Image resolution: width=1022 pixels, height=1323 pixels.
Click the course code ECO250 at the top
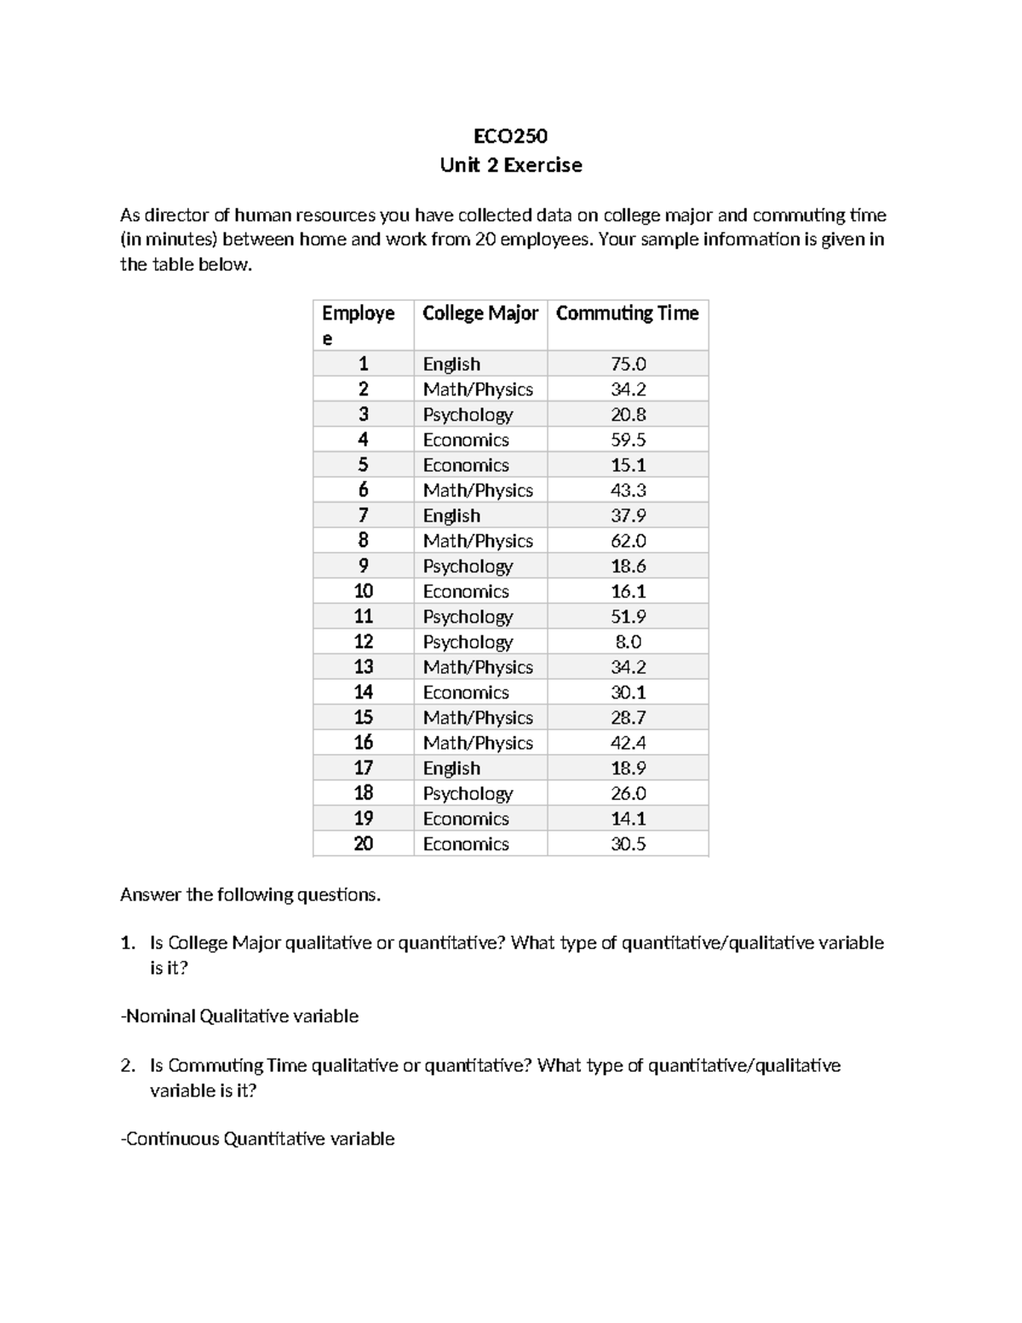pos(510,136)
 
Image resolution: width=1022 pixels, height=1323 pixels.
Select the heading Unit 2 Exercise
pos(510,165)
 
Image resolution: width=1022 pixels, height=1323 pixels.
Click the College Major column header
pos(479,313)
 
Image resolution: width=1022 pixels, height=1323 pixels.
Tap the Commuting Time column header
pos(627,313)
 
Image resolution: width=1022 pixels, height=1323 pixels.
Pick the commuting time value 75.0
pos(628,364)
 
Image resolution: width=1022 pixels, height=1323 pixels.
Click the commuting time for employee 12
pos(628,641)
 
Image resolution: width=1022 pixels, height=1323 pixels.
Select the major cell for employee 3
pos(468,415)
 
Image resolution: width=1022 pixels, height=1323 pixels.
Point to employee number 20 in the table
pos(363,843)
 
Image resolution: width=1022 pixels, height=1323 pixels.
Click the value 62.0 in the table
pos(628,541)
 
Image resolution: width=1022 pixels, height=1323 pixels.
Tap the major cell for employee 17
pos(451,768)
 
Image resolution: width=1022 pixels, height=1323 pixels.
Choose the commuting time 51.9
pos(628,617)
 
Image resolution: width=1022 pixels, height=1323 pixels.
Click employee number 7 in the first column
pos(363,515)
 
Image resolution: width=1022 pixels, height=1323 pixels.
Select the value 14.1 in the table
pos(628,819)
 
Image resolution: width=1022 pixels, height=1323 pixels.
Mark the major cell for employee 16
pos(478,743)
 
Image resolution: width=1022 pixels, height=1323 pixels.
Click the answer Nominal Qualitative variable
pos(239,1016)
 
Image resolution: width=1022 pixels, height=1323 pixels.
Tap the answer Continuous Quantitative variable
pos(257,1139)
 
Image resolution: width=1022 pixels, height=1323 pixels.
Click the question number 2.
pos(127,1066)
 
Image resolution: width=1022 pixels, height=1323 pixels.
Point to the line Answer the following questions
pos(250,894)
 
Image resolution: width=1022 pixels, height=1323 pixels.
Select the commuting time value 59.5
pos(628,440)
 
